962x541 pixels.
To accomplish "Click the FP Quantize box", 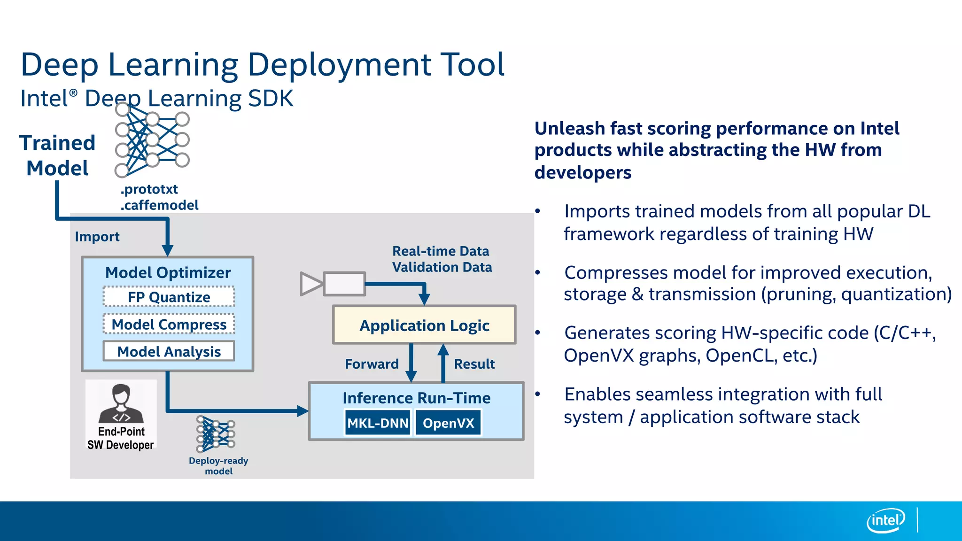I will pyautogui.click(x=169, y=297).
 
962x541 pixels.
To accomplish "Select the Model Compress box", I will pyautogui.click(x=169, y=324).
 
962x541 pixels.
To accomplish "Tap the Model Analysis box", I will pyautogui.click(x=169, y=351).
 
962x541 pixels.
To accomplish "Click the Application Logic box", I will pyautogui.click(x=424, y=325).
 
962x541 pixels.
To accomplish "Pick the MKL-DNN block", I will pyautogui.click(x=378, y=423).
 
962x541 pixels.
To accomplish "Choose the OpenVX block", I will pyautogui.click(x=448, y=423).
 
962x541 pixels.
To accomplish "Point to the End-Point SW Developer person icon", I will pyautogui.click(x=121, y=404).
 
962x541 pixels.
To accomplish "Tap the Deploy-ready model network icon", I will pyautogui.click(x=216, y=434).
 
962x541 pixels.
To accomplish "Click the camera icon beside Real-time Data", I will pyautogui.click(x=333, y=284).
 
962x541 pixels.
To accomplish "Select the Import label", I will pyautogui.click(x=97, y=236).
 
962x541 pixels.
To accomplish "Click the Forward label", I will pyautogui.click(x=372, y=364).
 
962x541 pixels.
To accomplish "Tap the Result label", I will pyautogui.click(x=474, y=364).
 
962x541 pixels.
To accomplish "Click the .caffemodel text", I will pyautogui.click(x=160, y=205).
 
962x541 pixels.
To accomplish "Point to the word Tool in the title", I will pyautogui.click(x=472, y=64).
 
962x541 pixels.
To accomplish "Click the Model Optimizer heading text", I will pyautogui.click(x=168, y=272).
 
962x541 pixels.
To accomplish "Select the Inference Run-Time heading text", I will pyautogui.click(x=416, y=398).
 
